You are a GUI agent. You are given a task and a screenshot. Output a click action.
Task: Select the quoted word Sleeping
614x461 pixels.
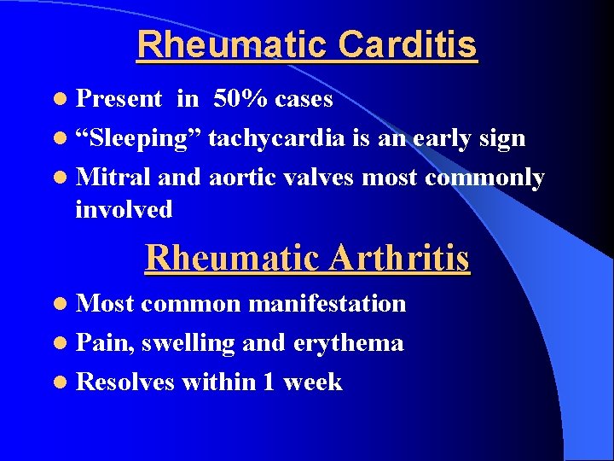click(x=138, y=138)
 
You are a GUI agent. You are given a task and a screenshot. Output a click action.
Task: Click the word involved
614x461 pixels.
click(x=124, y=209)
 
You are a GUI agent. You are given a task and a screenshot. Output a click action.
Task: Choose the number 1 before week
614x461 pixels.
click(x=269, y=382)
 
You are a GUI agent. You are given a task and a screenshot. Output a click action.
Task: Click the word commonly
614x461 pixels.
click(x=484, y=178)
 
